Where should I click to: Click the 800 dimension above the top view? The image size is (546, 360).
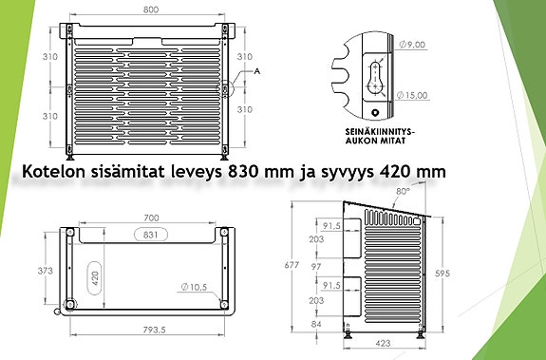click(x=150, y=9)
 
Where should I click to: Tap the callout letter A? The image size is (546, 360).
click(x=256, y=71)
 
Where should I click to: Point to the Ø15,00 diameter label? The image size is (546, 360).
click(x=415, y=95)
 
